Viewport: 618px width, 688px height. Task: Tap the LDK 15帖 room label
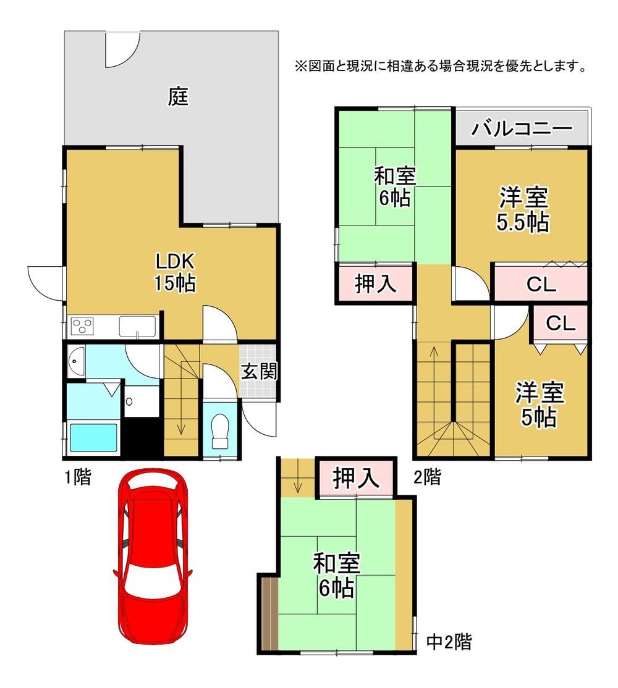(175, 272)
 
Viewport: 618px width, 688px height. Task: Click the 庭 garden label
(178, 96)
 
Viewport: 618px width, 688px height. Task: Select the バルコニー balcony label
(522, 128)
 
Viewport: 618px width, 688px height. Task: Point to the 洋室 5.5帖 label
(523, 209)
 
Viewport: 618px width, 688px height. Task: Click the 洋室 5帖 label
(540, 404)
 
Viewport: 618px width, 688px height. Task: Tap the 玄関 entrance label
(260, 372)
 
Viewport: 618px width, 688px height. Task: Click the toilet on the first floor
(221, 431)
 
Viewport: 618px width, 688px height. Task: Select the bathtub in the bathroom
(93, 438)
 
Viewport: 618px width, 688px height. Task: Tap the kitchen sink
(137, 327)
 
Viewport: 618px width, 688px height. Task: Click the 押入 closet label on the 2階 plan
(376, 283)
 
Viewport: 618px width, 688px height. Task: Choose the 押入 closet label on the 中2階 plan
(355, 477)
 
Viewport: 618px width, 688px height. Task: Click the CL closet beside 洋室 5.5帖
(541, 284)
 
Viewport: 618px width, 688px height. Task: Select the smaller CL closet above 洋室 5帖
(561, 324)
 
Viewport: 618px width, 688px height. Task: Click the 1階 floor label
(78, 477)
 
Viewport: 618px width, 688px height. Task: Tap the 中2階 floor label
(449, 642)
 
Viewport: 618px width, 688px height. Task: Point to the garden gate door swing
(122, 49)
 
